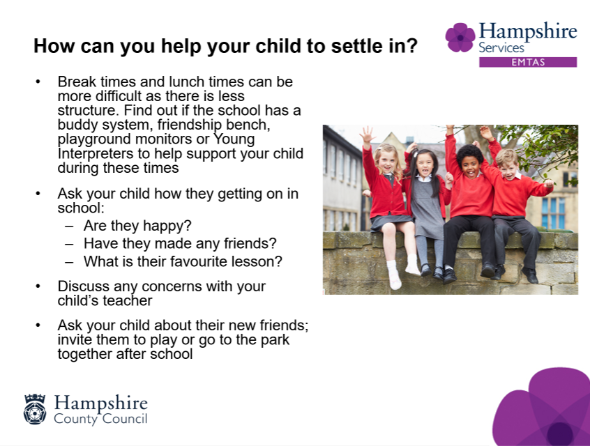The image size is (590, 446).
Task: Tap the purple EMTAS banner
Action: click(527, 62)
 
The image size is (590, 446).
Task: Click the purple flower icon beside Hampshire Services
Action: click(460, 38)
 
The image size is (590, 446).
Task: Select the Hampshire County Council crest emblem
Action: click(35, 409)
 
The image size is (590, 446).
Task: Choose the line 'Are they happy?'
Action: click(137, 226)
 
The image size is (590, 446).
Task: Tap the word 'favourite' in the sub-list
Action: click(198, 261)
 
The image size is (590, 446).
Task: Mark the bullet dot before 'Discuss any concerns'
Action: click(38, 286)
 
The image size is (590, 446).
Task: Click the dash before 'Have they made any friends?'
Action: click(69, 244)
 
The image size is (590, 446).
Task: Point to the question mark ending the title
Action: click(412, 46)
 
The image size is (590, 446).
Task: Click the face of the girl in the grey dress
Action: click(425, 164)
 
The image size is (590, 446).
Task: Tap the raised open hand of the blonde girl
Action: click(367, 134)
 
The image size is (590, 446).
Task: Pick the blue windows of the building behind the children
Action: click(553, 213)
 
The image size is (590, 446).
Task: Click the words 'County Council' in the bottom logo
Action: click(100, 419)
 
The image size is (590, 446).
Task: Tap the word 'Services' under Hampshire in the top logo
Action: click(501, 48)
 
